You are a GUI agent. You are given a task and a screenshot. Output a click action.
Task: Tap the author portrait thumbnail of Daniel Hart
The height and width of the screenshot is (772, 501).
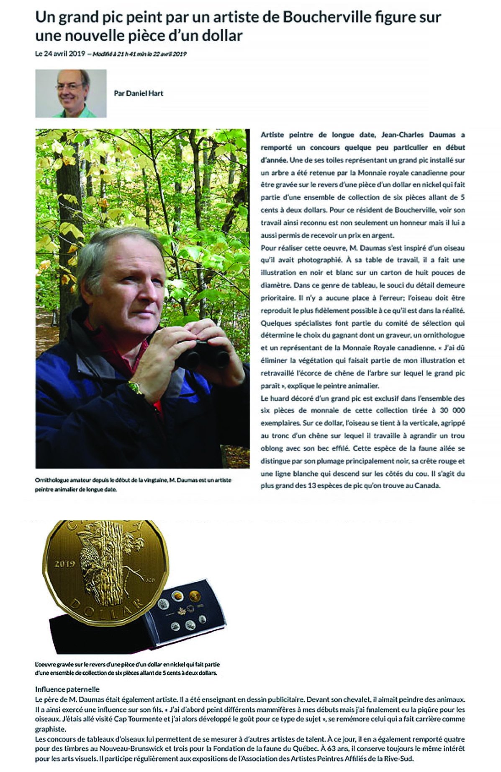pos(71,93)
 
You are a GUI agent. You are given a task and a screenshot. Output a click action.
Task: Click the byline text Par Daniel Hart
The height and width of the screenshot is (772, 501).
pos(139,93)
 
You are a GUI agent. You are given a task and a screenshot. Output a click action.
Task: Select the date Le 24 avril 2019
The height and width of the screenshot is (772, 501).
pos(60,54)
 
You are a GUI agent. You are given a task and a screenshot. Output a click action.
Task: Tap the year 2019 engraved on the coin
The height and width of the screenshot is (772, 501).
pos(64,564)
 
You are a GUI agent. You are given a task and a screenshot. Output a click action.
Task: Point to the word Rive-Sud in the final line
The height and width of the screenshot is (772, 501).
pos(400,759)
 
